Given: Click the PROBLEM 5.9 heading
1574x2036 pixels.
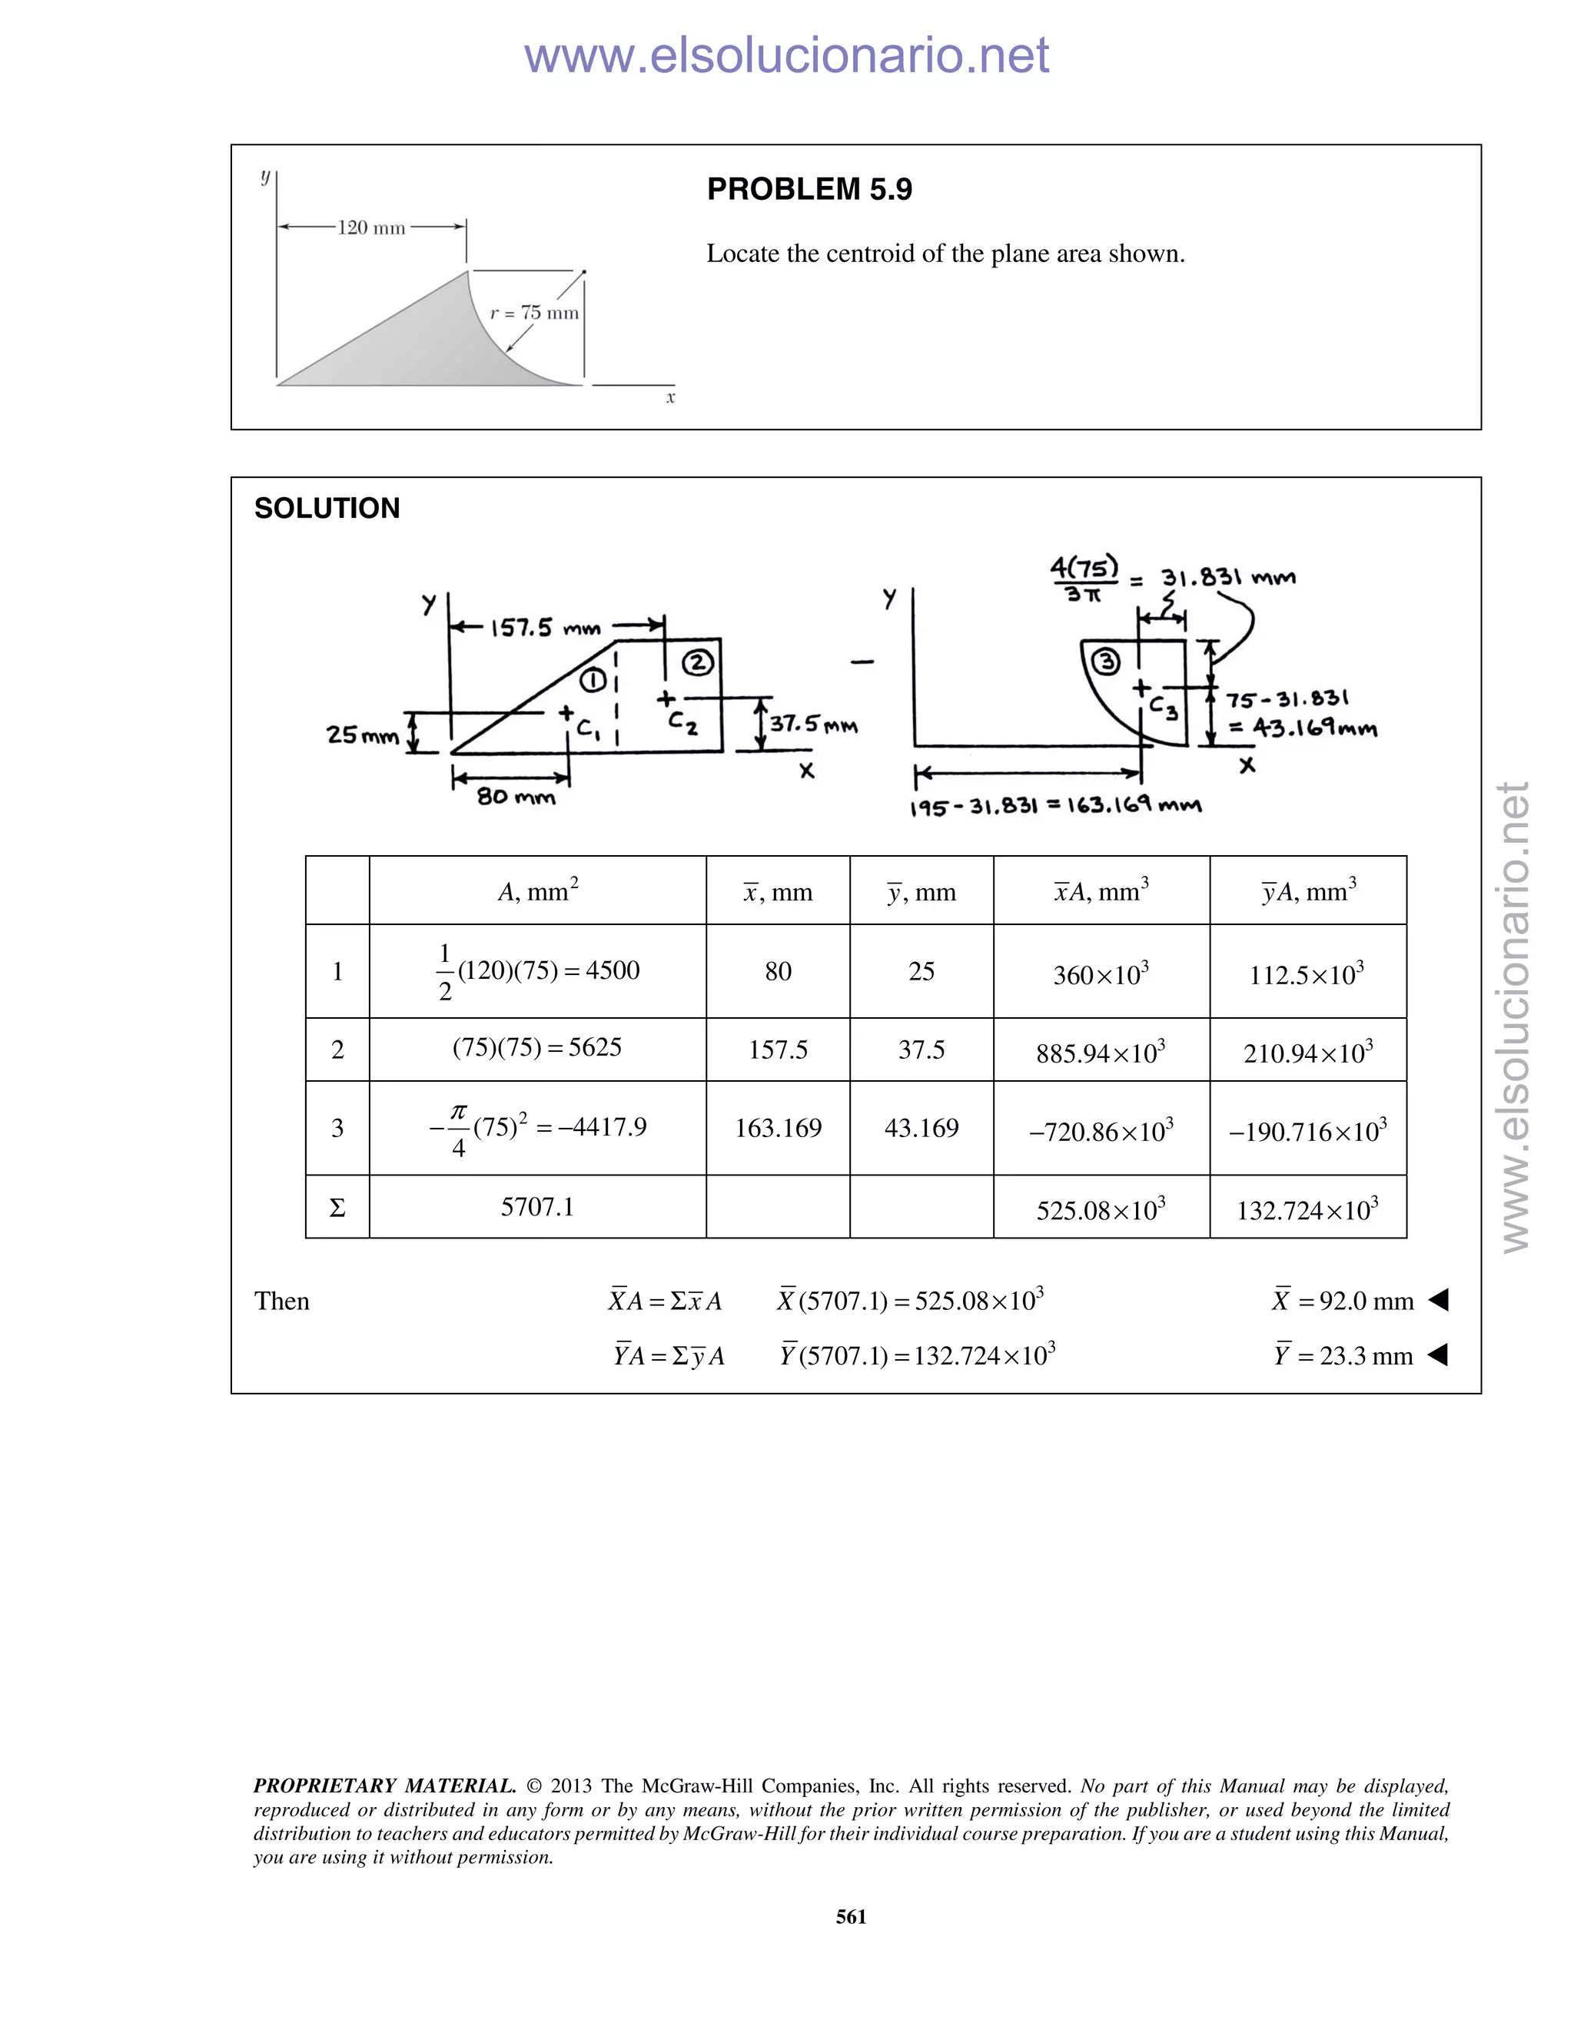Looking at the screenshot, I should coord(809,189).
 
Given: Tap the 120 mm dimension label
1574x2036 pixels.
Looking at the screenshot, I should coord(371,227).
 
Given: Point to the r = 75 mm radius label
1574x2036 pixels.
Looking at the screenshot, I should coord(534,313).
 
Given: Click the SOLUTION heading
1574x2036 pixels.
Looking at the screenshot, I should coord(327,508).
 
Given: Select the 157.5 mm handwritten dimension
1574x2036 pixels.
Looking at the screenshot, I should coord(546,628).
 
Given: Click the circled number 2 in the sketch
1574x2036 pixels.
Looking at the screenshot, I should coord(698,663).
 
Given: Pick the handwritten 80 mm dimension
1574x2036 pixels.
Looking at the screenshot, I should coord(516,797).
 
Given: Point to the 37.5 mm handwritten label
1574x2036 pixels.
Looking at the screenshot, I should coord(813,725).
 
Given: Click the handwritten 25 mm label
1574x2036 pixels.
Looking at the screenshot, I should coord(362,734).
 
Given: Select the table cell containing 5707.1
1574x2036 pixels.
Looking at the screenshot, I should coord(537,1207).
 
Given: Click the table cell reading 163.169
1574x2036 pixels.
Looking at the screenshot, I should coord(778,1129).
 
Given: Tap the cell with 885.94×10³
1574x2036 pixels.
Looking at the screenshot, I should coord(1101,1053).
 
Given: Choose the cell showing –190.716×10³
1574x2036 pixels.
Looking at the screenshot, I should coord(1307,1131).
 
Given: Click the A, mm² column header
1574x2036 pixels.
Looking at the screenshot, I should coord(537,892).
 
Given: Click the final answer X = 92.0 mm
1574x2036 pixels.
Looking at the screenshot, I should coord(1343,1301).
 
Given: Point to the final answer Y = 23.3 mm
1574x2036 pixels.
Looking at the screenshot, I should coord(1343,1355).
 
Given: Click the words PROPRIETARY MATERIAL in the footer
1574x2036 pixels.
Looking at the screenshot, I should coord(384,1786).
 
